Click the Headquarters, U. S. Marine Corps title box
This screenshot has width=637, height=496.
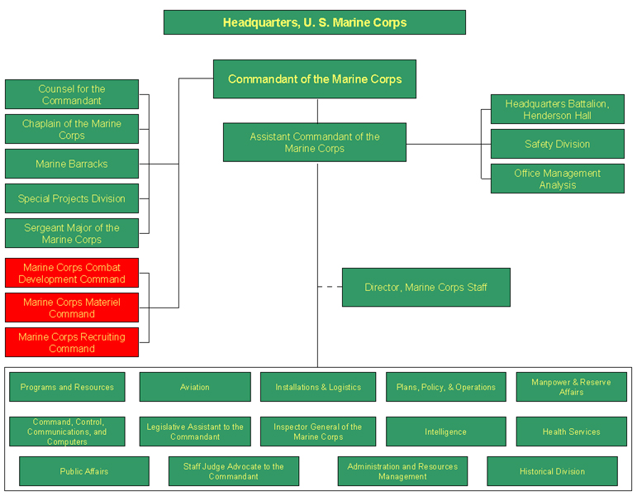click(x=314, y=22)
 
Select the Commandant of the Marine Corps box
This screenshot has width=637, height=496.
click(x=314, y=79)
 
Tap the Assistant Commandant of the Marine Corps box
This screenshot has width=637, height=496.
click(x=314, y=142)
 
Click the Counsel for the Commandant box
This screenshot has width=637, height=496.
click(x=71, y=94)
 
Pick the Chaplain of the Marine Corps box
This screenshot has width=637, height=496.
click(x=71, y=129)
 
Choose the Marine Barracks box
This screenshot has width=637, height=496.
click(x=71, y=164)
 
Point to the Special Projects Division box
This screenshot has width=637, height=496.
click(x=71, y=198)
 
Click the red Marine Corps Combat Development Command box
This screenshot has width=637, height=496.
click(x=71, y=273)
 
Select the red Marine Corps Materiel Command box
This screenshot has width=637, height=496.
click(x=71, y=308)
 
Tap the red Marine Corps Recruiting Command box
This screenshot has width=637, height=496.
click(x=71, y=342)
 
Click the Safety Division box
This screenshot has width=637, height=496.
click(x=557, y=144)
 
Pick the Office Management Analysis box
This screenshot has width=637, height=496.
click(x=557, y=179)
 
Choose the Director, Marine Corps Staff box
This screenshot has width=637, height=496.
click(x=425, y=287)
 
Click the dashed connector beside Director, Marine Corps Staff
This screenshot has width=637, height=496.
click(x=330, y=287)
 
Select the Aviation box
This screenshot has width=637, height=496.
click(x=194, y=387)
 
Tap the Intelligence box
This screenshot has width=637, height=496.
click(x=445, y=432)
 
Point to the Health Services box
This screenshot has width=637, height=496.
click(x=571, y=432)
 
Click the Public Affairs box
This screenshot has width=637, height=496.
click(x=83, y=471)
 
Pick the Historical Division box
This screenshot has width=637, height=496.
click(x=552, y=471)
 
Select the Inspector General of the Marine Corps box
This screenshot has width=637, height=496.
click(x=317, y=432)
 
